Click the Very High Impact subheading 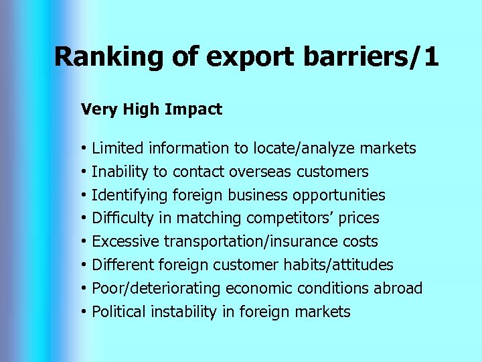pyautogui.click(x=151, y=109)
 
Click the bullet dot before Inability pyautogui.click(x=84, y=172)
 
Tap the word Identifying pyautogui.click(x=130, y=195)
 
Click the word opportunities pyautogui.click(x=339, y=195)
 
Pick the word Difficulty pyautogui.click(x=121, y=219)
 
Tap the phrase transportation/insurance pyautogui.click(x=255, y=241)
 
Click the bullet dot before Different pyautogui.click(x=84, y=265)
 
